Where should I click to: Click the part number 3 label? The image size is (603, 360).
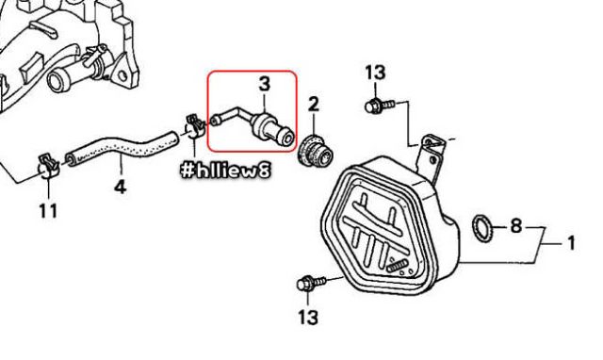pyautogui.click(x=265, y=84)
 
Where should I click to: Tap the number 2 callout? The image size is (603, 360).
pyautogui.click(x=314, y=105)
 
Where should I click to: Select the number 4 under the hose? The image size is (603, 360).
pyautogui.click(x=120, y=187)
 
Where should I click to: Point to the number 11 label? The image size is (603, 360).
pyautogui.click(x=48, y=211)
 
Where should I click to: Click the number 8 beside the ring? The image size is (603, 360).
pyautogui.click(x=516, y=226)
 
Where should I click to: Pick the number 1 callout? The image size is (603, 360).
pyautogui.click(x=572, y=243)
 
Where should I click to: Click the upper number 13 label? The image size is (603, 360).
pyautogui.click(x=375, y=73)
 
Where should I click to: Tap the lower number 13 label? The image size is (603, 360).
pyautogui.click(x=308, y=318)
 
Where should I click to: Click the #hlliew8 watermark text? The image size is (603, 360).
pyautogui.click(x=225, y=170)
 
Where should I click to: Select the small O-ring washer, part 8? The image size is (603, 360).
pyautogui.click(x=482, y=228)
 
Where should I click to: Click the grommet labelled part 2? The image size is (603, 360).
pyautogui.click(x=315, y=152)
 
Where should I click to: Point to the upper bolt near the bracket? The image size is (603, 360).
pyautogui.click(x=380, y=106)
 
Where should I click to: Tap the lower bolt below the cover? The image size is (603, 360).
pyautogui.click(x=311, y=284)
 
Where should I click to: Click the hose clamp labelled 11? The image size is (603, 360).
pyautogui.click(x=50, y=165)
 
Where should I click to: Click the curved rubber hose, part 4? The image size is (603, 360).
pyautogui.click(x=122, y=148)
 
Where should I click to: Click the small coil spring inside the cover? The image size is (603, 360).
pyautogui.click(x=397, y=266)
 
